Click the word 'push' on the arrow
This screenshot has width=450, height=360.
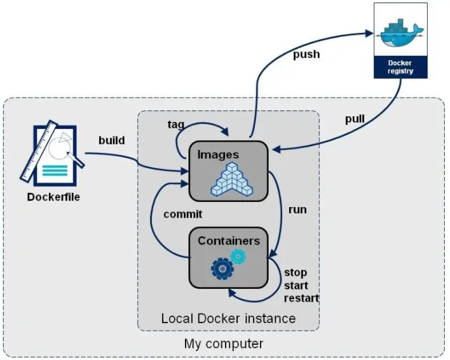tap(306, 55)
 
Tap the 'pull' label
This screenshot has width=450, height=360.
tap(355, 119)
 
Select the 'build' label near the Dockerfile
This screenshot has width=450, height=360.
tap(111, 140)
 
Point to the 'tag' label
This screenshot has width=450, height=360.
tap(176, 124)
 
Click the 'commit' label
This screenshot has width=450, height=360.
tap(183, 214)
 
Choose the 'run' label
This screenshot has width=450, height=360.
tap(297, 210)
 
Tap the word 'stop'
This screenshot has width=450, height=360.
tap(296, 273)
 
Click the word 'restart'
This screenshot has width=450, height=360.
tap(302, 298)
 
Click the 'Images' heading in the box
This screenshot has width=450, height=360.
tap(218, 154)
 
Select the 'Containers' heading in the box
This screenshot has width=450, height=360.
tap(229, 241)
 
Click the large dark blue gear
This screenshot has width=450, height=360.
tap(222, 269)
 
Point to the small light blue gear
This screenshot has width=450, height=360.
tap(238, 256)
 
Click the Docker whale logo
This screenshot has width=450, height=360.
tap(400, 32)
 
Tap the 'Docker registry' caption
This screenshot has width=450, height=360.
tap(400, 67)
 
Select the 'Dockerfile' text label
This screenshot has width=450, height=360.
tap(53, 197)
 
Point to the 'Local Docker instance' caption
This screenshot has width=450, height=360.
tap(228, 318)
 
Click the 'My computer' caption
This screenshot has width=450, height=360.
tap(224, 344)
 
